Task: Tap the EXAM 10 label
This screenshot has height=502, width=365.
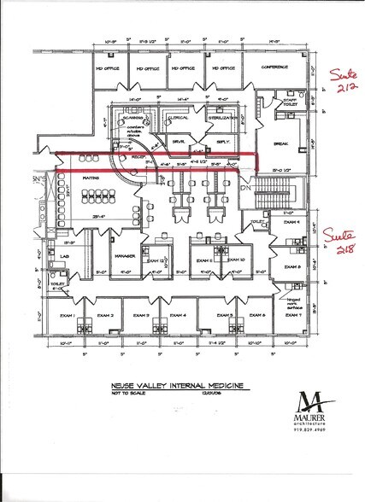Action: click(x=235, y=260)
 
